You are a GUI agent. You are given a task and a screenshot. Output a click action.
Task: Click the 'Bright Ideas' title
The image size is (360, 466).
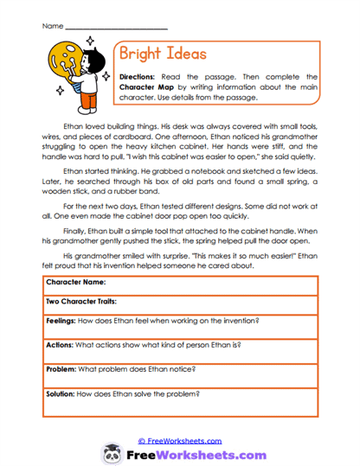[162, 54]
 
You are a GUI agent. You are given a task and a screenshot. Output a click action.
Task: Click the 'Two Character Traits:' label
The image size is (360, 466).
[81, 302]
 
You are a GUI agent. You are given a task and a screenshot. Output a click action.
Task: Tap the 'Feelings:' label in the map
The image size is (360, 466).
[63, 321]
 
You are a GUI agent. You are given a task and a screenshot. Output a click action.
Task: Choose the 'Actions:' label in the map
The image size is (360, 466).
[61, 344]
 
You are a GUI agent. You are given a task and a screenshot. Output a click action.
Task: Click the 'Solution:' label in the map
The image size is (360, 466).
[64, 393]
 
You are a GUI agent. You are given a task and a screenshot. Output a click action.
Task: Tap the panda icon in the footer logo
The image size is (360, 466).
[112, 453]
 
